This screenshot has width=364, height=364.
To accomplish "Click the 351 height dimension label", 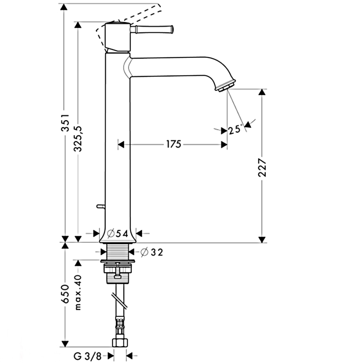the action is coord(66,123).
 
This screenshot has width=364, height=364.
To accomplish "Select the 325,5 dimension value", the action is coord(78,139).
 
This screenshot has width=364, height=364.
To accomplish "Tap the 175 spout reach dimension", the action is coord(174,145).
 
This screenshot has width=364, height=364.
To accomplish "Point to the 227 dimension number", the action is coord(262,167).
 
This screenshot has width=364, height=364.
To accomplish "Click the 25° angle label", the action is coord(235,129).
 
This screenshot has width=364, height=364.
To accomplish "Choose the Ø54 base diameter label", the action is coord(118,234).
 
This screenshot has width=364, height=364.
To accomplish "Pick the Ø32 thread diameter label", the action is coord(152,252).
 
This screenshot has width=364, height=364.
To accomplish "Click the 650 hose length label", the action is coord(66,293).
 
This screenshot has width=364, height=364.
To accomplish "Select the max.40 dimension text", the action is coord(78,293).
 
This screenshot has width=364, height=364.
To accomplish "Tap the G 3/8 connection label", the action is coord(88,356).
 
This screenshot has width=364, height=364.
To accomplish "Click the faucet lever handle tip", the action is coord(172,29).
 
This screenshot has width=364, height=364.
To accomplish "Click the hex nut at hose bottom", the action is coord(120,342).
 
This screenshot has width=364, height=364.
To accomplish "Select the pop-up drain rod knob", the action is coord(101,206).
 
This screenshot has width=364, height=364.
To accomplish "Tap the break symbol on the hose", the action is coord(119,301).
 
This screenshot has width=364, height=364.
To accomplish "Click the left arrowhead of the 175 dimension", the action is coord(121,145).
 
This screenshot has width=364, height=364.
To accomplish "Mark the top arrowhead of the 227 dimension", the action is coord(262,92).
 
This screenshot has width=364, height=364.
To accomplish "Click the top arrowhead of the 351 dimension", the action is coord(64,7).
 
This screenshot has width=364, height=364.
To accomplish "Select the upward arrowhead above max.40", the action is coord(78,263).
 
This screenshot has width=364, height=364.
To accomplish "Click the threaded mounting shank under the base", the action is coord(118,251).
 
